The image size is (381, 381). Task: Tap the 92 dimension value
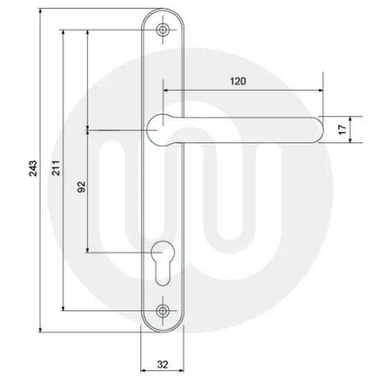click(x=81, y=187)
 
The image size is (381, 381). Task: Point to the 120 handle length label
click(x=238, y=81)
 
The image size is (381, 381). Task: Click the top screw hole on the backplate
click(x=163, y=30)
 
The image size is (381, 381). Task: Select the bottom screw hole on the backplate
click(x=163, y=310)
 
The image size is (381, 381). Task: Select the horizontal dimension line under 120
click(x=242, y=90)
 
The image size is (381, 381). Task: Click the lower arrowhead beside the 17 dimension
click(x=349, y=140)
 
